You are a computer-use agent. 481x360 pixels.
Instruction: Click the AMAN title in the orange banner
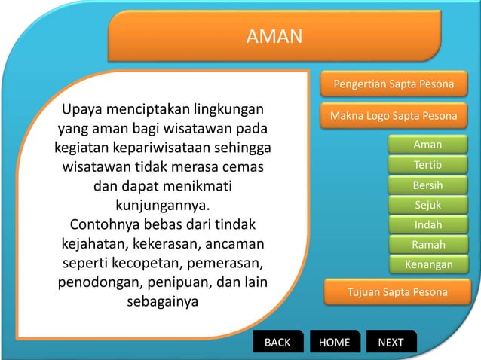tap(274, 36)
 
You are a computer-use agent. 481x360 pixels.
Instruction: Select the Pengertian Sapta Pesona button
tap(394, 84)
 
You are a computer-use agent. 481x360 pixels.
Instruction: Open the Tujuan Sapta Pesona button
tap(397, 291)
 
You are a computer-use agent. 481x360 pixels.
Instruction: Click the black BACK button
tap(277, 343)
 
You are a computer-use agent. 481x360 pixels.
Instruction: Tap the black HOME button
tap(335, 343)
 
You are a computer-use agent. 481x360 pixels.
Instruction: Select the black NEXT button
tap(391, 343)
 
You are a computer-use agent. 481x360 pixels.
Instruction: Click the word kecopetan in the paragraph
tap(158, 264)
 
